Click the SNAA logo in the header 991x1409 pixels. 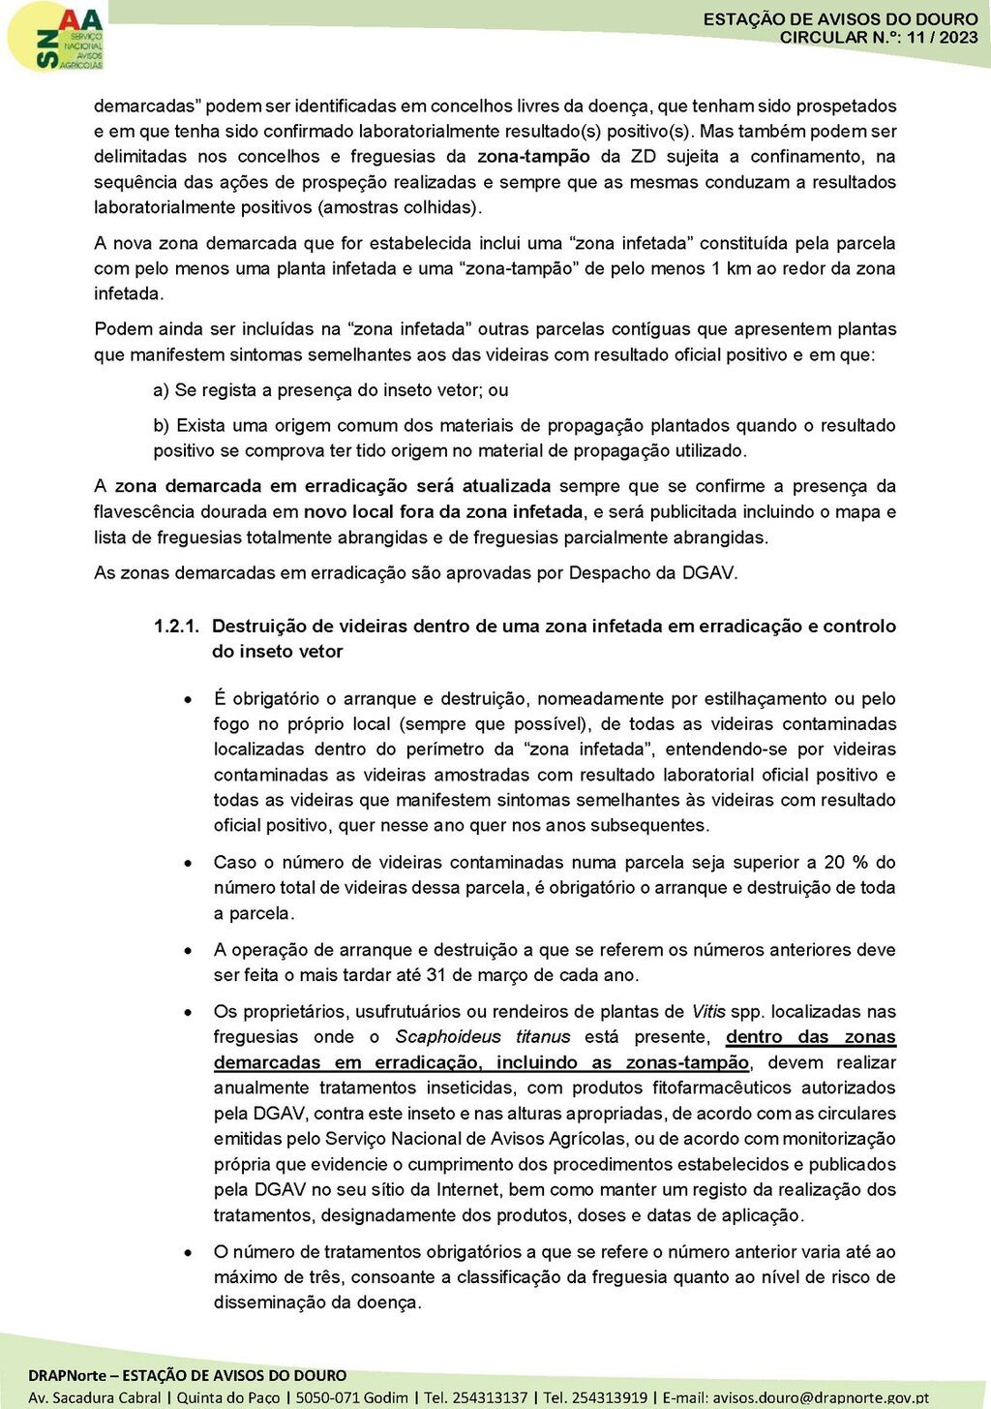pos(56,37)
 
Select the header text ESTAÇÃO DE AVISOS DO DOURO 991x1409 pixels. pos(840,19)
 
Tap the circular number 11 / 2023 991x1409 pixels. pos(943,38)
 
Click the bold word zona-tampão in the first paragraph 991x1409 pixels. pos(533,157)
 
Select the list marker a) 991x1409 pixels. pos(162,390)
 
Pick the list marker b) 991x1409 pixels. pos(162,425)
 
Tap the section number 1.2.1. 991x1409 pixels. pos(176,627)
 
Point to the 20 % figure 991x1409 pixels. pos(846,862)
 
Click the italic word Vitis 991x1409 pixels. pos(707,1012)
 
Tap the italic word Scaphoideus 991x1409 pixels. pos(448,1037)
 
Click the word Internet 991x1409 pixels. pos(467,1190)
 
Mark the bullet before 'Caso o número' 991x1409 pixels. pos(188,862)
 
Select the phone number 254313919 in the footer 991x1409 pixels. pos(610,1397)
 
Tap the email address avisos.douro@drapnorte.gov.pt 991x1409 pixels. pos(820,1397)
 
